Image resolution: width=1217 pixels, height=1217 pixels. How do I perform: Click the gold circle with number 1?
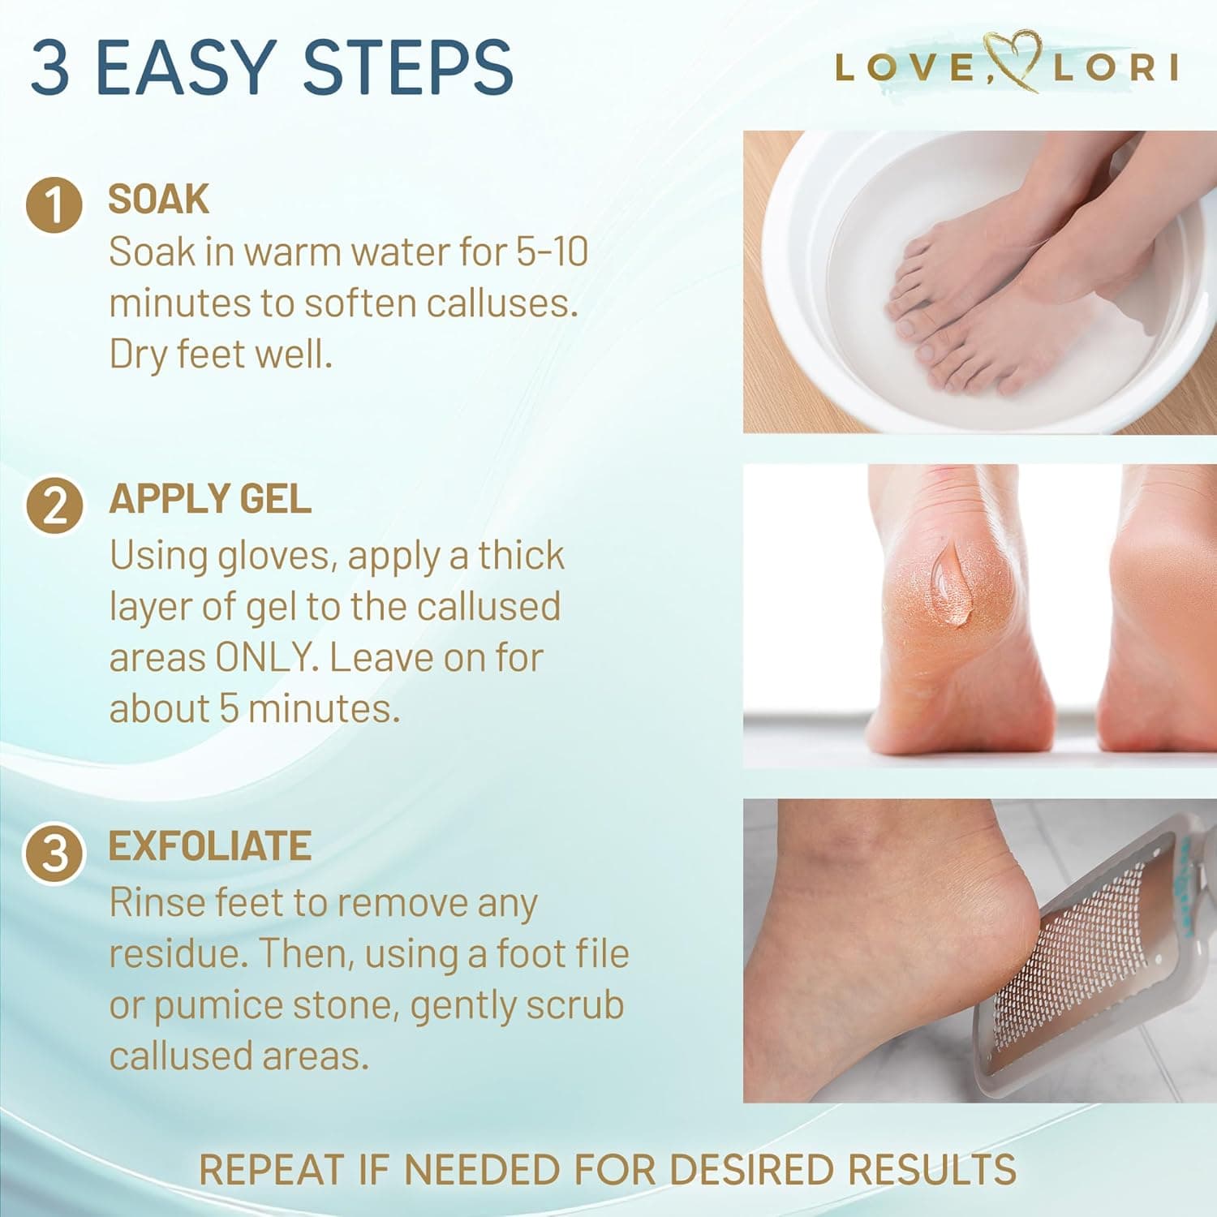pyautogui.click(x=54, y=204)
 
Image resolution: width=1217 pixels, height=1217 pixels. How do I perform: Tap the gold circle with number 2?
pyautogui.click(x=54, y=505)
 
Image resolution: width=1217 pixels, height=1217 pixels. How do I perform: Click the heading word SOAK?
pyautogui.click(x=159, y=200)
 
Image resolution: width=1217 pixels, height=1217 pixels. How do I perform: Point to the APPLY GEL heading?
pyautogui.click(x=210, y=499)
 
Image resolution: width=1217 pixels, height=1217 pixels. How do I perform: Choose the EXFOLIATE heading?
pyautogui.click(x=210, y=846)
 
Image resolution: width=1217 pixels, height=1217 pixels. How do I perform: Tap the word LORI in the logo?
pyautogui.click(x=1116, y=68)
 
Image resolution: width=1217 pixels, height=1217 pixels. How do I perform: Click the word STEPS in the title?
pyautogui.click(x=407, y=67)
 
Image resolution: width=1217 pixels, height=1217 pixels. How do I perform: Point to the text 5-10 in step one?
pyautogui.click(x=553, y=252)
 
